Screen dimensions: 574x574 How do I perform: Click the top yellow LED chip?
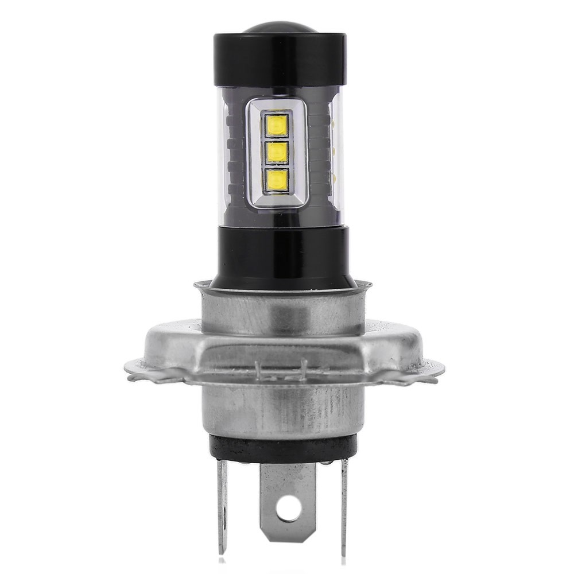tap(277, 125)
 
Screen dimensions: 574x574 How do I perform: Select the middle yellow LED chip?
tap(277, 152)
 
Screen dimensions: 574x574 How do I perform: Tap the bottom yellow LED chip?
tap(277, 180)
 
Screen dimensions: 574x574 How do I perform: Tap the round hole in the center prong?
tap(289, 507)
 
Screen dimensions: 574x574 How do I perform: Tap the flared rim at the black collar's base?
tap(282, 285)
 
